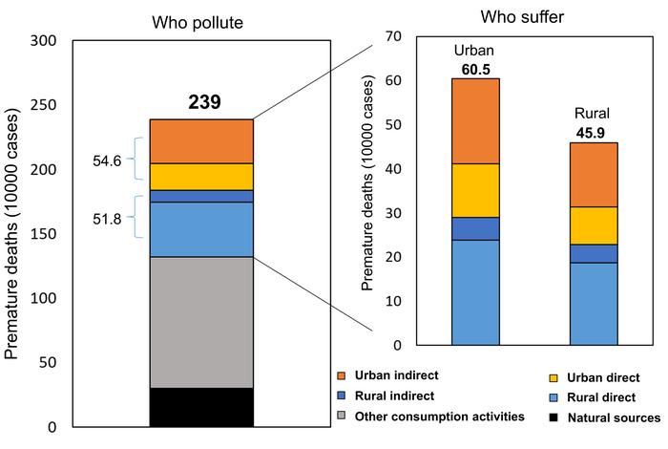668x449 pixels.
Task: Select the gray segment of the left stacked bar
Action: pyautogui.click(x=201, y=322)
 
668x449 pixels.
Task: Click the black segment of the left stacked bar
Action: pyautogui.click(x=201, y=406)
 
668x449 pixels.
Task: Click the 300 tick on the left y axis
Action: pyautogui.click(x=45, y=41)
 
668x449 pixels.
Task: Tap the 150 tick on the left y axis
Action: pyautogui.click(x=45, y=234)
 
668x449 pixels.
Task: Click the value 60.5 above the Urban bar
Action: pyautogui.click(x=475, y=68)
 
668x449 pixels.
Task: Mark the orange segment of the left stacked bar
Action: pyautogui.click(x=201, y=140)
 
